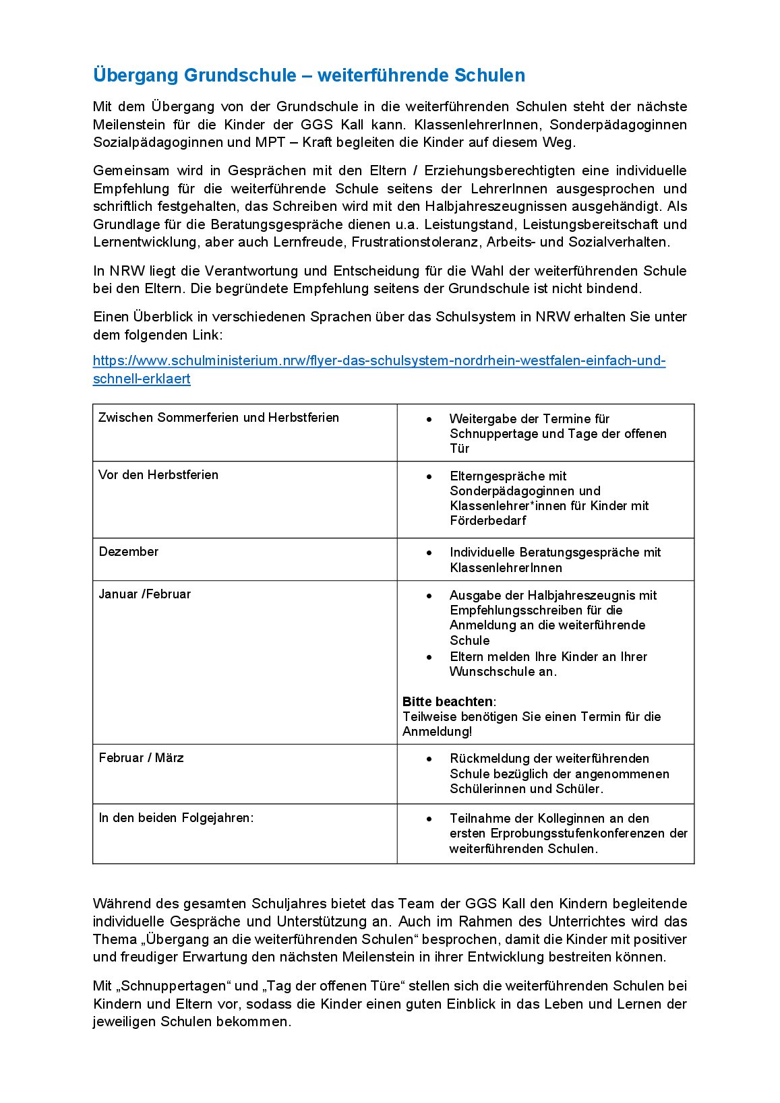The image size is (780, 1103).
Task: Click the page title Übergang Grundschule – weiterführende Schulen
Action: [x=309, y=75]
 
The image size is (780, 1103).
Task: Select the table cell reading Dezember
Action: [x=129, y=552]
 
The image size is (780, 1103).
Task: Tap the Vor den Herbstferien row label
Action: [x=158, y=475]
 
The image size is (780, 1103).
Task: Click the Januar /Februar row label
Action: [x=145, y=594]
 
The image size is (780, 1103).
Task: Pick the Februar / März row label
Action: [x=142, y=758]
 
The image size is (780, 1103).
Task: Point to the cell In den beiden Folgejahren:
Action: [x=177, y=818]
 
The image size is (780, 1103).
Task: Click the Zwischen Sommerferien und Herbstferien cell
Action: [x=218, y=418]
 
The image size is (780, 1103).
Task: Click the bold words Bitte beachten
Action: [x=448, y=702]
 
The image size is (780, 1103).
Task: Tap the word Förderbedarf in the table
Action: [x=488, y=521]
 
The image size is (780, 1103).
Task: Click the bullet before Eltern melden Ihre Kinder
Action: [x=429, y=657]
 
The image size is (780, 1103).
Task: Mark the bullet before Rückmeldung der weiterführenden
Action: [x=429, y=759]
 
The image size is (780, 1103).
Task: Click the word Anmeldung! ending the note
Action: [x=438, y=732]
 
